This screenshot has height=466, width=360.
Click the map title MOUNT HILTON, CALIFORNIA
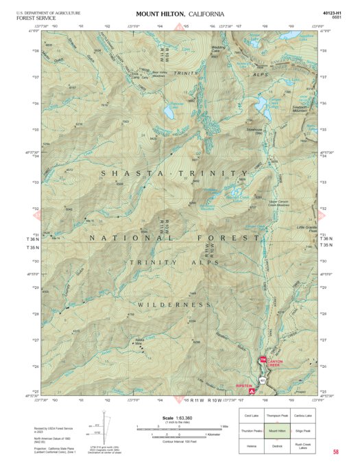point(180,14)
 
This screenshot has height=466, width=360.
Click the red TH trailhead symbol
point(261,360)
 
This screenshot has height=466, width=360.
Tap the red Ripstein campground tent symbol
point(253,391)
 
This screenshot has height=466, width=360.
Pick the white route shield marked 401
point(262,380)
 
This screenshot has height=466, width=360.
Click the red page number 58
point(335,452)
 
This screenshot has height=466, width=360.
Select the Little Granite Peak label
point(307,229)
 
